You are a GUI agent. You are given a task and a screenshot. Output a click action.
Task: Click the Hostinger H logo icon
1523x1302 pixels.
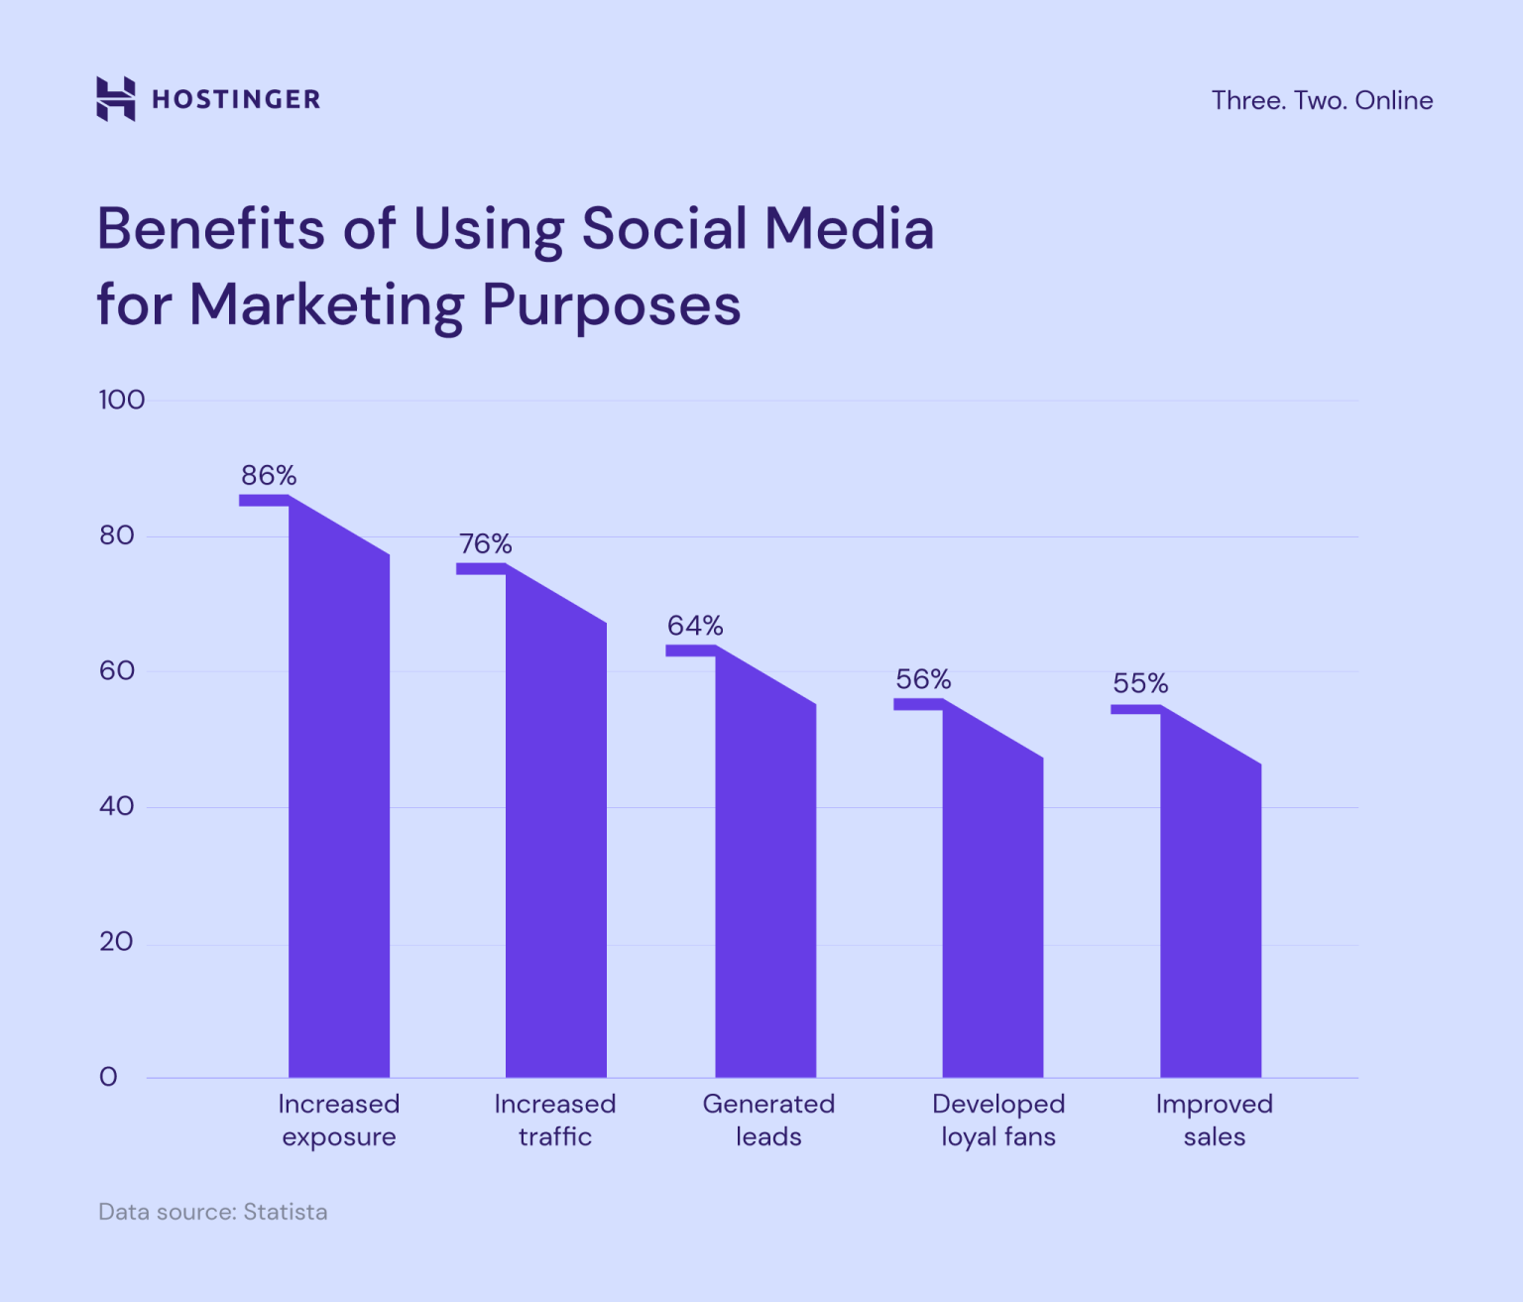(115, 99)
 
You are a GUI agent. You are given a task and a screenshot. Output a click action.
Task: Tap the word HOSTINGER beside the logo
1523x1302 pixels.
(236, 99)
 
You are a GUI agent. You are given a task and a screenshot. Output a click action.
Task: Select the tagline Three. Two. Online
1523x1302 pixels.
(1322, 100)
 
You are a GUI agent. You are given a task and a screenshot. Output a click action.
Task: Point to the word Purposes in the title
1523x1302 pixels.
(611, 304)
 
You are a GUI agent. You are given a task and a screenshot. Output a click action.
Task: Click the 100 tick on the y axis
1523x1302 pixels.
(121, 400)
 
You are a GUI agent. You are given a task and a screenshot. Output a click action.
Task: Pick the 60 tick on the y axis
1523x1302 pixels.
(116, 671)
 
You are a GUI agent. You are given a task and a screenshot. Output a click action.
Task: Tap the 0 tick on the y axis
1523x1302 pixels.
(108, 1077)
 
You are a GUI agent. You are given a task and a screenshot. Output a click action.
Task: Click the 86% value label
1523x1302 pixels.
(269, 476)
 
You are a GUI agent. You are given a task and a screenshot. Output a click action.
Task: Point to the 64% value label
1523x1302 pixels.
(695, 626)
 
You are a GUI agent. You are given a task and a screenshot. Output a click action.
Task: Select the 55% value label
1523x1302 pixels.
(1140, 683)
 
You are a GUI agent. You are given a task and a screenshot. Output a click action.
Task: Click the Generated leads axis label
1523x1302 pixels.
(768, 1120)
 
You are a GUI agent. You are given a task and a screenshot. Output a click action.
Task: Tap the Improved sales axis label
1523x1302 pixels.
(1214, 1120)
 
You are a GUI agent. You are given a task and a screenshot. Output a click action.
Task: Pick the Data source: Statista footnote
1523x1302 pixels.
(212, 1212)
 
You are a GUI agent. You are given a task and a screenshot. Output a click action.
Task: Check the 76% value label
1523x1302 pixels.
(485, 544)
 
